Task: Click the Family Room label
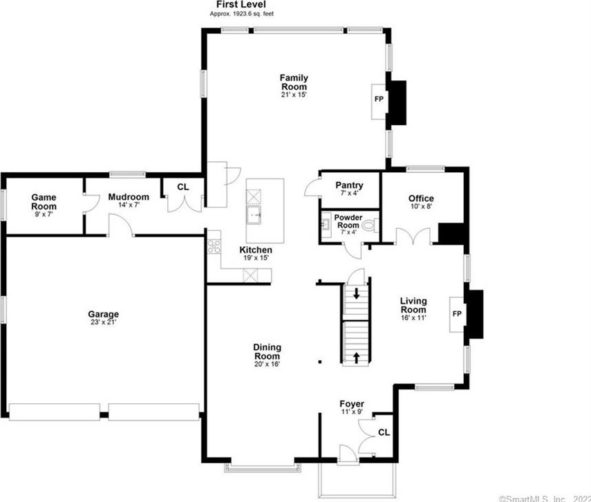tap(294, 82)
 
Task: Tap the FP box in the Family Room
tap(379, 100)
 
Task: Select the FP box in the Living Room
tap(456, 313)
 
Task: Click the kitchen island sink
tap(256, 216)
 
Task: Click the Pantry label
tap(349, 185)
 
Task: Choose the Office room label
tap(421, 199)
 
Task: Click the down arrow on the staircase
tap(357, 293)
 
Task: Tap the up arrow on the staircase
tap(357, 357)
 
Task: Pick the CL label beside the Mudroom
tap(182, 187)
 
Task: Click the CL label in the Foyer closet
tap(383, 433)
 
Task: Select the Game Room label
tap(44, 201)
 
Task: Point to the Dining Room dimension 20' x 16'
tap(266, 364)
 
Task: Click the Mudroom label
tap(129, 197)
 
